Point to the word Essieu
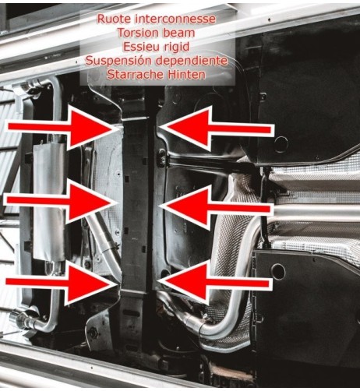coord(140,47)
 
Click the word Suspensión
coord(118,62)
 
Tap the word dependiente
coord(192,61)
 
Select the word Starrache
coord(135,75)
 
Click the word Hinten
coord(186,75)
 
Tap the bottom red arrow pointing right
coord(62,284)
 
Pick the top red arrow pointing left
coord(216,129)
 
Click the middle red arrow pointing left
coord(216,208)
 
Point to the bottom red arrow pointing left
coord(215,282)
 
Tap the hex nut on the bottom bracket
coord(93,332)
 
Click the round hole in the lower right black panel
coord(277,272)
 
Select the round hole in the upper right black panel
coord(281,144)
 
